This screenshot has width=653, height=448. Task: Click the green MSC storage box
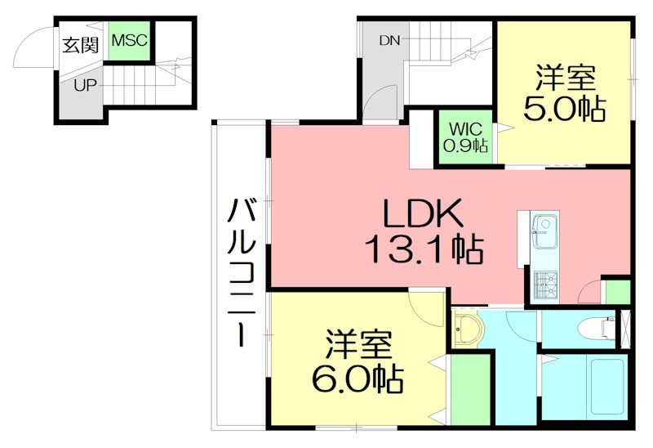coord(129,41)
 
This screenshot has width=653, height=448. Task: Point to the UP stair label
coord(86,85)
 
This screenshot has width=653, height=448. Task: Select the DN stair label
coord(389,40)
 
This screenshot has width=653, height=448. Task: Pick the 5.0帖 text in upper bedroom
coord(565,110)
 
